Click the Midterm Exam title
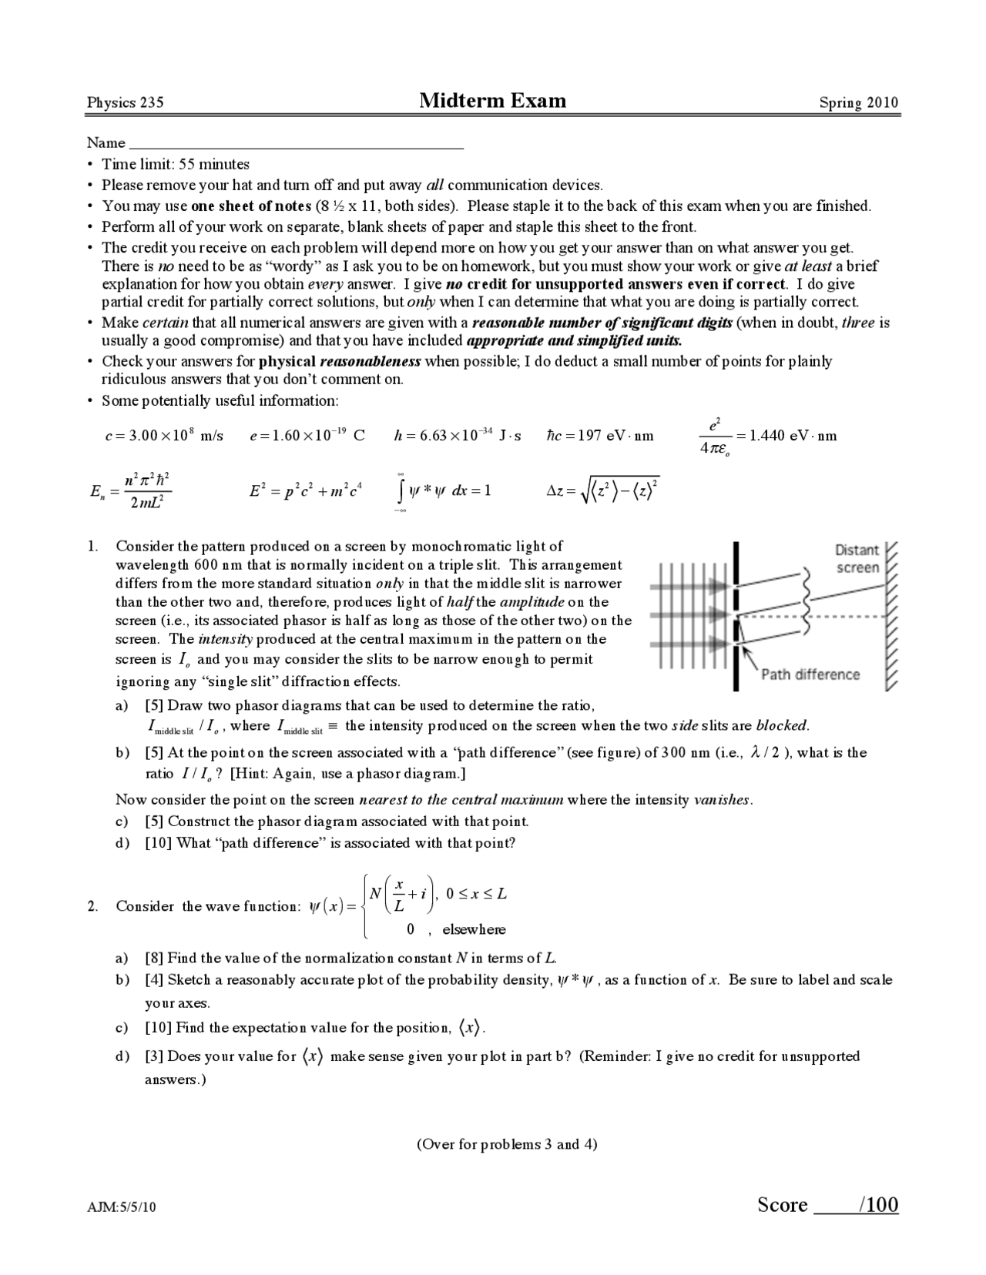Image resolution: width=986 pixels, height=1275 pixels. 492,101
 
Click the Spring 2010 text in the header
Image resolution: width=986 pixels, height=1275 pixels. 858,103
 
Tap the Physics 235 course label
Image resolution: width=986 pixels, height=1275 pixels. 125,103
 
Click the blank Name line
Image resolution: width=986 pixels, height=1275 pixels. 296,143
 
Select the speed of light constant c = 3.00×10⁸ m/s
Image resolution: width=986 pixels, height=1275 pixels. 163,436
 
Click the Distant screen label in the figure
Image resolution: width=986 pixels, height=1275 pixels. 857,559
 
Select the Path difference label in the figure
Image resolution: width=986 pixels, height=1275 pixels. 810,674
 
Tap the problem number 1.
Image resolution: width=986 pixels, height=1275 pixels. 92,546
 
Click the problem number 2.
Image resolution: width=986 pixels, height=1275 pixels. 92,906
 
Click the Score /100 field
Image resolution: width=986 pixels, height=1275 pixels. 827,1204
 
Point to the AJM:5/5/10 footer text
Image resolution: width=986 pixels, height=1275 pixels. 121,1207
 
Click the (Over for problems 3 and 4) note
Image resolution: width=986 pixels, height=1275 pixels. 507,1144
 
